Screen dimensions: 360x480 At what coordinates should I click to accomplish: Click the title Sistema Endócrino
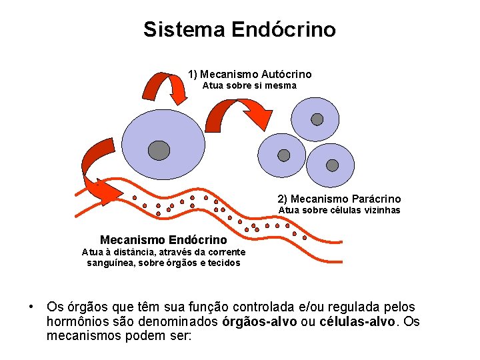click(x=239, y=29)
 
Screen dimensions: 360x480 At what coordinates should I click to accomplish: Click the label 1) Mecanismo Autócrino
click(x=249, y=74)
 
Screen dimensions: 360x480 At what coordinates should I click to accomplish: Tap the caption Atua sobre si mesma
click(x=249, y=85)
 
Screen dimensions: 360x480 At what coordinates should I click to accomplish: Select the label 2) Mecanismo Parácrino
click(x=339, y=199)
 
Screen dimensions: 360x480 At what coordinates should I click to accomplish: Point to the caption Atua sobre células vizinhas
click(x=339, y=210)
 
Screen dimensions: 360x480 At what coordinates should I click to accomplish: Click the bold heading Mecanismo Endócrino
click(x=163, y=239)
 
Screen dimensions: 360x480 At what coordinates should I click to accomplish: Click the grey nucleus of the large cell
click(x=159, y=151)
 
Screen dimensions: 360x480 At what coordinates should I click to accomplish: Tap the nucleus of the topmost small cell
click(x=317, y=119)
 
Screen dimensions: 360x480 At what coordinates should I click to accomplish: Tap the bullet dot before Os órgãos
click(x=31, y=307)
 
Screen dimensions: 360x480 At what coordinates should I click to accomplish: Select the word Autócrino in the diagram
click(x=287, y=74)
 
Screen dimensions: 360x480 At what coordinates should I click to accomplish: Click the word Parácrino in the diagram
click(x=376, y=199)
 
